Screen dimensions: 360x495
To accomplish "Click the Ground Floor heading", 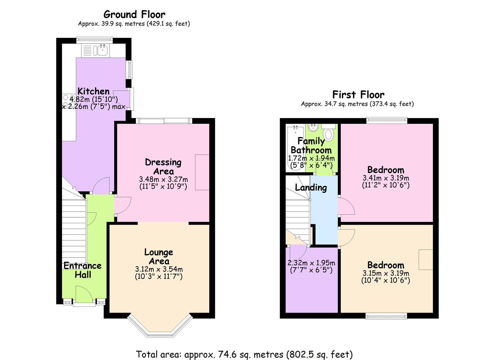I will [x=134, y=14].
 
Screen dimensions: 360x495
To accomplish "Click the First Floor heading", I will [x=358, y=95].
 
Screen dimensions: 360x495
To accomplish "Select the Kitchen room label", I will [x=93, y=91].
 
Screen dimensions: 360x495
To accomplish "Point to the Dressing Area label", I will [x=163, y=167].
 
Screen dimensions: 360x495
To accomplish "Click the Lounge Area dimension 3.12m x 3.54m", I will [x=159, y=269].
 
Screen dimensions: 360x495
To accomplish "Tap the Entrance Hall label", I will [x=83, y=270].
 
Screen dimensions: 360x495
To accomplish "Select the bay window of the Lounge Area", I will [x=160, y=328].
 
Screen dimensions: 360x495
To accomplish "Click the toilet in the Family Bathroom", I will [x=329, y=133].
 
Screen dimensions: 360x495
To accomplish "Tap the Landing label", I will [x=311, y=187].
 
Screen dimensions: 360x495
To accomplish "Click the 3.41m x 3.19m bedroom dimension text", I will [x=386, y=178].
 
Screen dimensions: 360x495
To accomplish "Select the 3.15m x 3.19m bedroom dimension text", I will [x=386, y=273].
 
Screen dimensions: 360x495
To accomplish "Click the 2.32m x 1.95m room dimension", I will [x=311, y=263].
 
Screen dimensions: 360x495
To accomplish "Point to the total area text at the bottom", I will [x=244, y=354].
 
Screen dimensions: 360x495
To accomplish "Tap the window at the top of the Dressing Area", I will [x=164, y=121].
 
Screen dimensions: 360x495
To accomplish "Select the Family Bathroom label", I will [x=311, y=146].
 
